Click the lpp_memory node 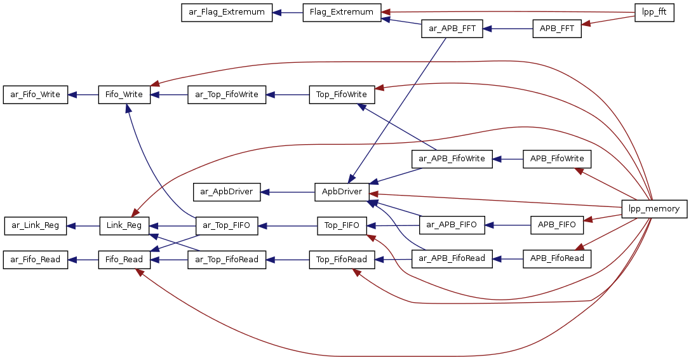[x=654, y=209]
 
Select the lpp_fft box [x=654, y=12]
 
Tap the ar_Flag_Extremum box [x=227, y=13]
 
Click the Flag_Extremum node [x=342, y=13]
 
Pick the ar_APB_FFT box [x=452, y=29]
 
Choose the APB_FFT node [x=557, y=29]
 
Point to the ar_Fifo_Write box [x=36, y=95]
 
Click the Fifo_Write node [x=124, y=95]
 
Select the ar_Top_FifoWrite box [x=227, y=95]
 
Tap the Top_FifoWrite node [x=342, y=95]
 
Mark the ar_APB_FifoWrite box [x=452, y=158]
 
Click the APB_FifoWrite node [x=557, y=158]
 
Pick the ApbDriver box [x=342, y=191]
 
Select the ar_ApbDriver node [x=227, y=191]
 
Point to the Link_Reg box [x=124, y=225]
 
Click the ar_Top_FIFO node [x=227, y=225]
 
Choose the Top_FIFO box [x=342, y=225]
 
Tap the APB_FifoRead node [x=557, y=258]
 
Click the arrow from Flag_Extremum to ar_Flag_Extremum [x=288, y=13]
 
